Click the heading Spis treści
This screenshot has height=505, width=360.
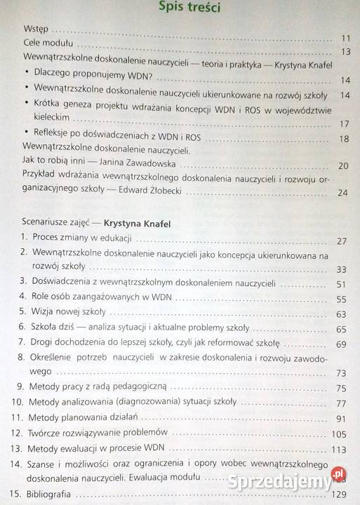tap(191, 8)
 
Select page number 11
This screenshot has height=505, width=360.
tap(345, 39)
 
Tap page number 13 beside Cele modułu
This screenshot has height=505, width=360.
tap(345, 52)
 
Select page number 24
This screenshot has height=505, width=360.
tap(343, 193)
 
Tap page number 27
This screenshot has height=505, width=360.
tap(342, 242)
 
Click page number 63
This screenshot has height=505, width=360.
tap(342, 314)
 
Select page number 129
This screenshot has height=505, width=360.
tap(340, 495)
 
